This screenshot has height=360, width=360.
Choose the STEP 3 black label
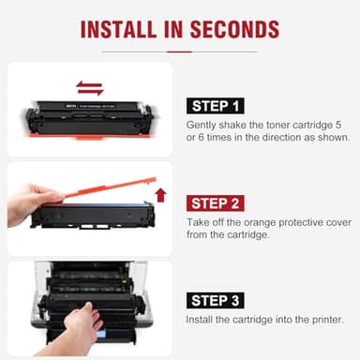(x=217, y=300)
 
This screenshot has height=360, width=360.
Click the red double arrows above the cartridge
(x=89, y=88)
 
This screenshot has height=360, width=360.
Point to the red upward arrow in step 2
(x=159, y=195)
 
